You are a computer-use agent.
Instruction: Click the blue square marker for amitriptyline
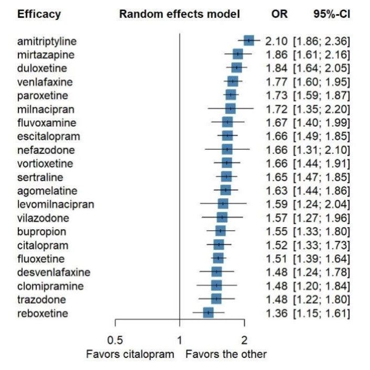pos(248,40)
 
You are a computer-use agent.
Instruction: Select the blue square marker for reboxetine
pos(208,313)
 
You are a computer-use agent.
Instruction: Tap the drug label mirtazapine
pos(53,55)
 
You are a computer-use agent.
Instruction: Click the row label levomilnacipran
pos(55,204)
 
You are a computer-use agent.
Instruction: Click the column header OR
pos(280,14)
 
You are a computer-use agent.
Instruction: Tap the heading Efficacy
pos(39,14)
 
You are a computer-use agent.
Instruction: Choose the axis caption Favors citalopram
pos(130,354)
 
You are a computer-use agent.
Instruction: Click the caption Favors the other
pos(226,354)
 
